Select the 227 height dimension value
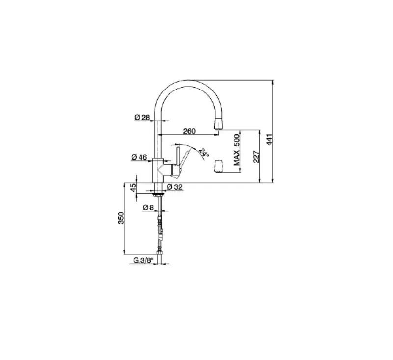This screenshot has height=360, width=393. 255,156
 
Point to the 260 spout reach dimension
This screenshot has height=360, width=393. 189,131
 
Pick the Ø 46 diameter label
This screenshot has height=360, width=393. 140,157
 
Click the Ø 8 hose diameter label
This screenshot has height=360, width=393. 149,208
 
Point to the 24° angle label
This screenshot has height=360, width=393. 204,152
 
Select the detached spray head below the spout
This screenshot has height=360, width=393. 218,167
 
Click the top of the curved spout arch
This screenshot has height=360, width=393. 189,82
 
